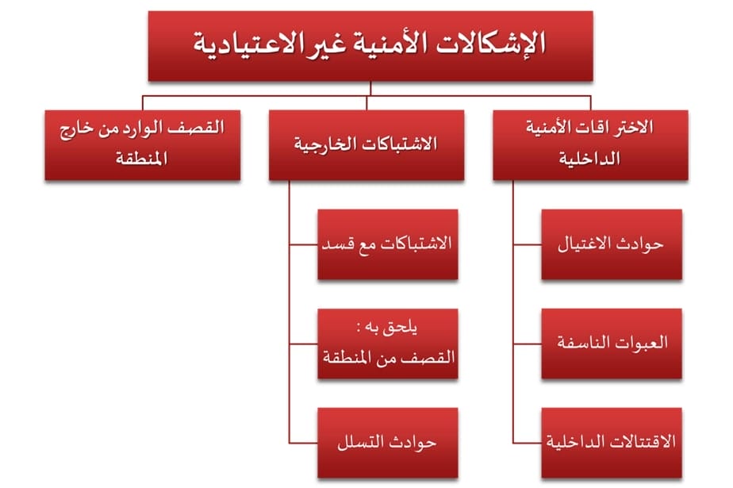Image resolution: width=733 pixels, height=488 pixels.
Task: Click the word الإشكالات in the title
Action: click(491, 44)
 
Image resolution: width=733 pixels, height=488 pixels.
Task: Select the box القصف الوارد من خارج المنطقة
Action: click(143, 145)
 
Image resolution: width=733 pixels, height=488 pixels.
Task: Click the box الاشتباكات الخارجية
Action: click(366, 145)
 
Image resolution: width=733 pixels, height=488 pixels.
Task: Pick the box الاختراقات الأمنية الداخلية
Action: click(590, 145)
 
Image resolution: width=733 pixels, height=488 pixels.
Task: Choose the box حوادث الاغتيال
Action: click(612, 244)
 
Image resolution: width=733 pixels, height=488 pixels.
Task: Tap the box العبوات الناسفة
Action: click(612, 344)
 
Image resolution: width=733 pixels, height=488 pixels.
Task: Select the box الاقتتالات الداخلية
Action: click(612, 443)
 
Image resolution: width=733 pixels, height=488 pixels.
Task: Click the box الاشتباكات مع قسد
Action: click(388, 244)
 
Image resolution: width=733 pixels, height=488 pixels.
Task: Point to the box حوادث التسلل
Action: click(388, 443)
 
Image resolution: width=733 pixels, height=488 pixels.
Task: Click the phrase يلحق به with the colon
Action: click(386, 328)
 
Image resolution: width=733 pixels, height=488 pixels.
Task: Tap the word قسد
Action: click(336, 244)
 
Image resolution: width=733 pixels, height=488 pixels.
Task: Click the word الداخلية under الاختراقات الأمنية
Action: click(589, 159)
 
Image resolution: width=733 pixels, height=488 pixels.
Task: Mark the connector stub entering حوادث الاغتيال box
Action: click(528, 244)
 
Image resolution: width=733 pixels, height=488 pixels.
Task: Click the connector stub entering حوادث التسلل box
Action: click(303, 443)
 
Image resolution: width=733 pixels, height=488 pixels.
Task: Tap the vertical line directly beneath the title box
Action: click(370, 89)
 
